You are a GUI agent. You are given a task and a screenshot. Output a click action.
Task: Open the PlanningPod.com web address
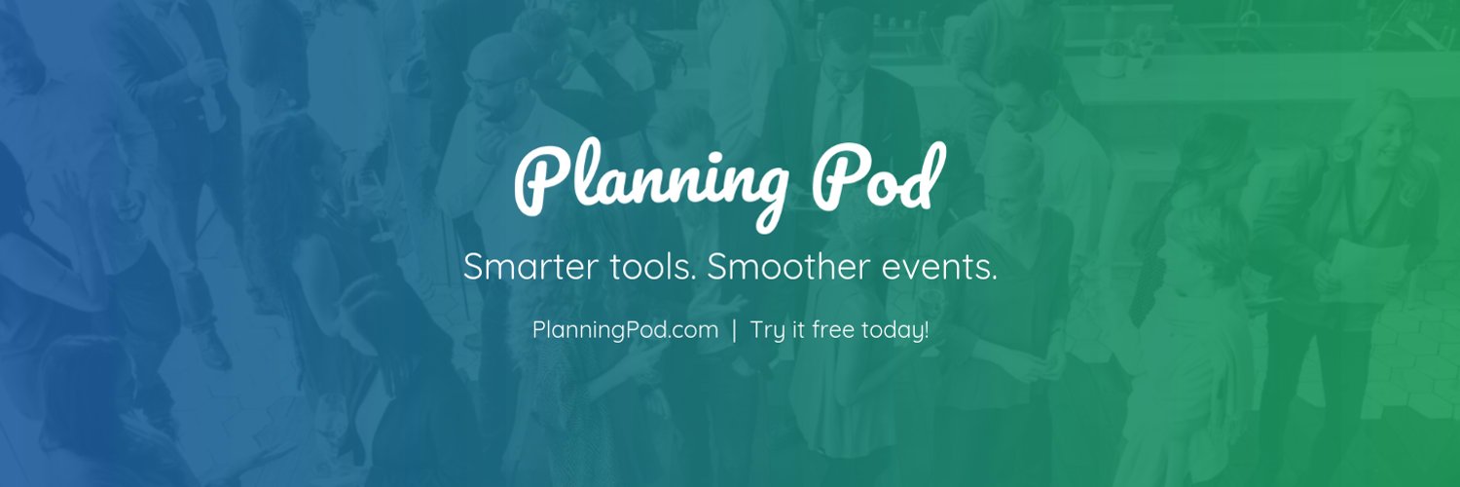point(625,330)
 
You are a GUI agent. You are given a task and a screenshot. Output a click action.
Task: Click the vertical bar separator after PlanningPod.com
point(734,330)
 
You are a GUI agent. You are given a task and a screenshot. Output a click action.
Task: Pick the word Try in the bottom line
point(767,331)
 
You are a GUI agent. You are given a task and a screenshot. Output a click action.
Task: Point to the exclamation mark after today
point(926,329)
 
